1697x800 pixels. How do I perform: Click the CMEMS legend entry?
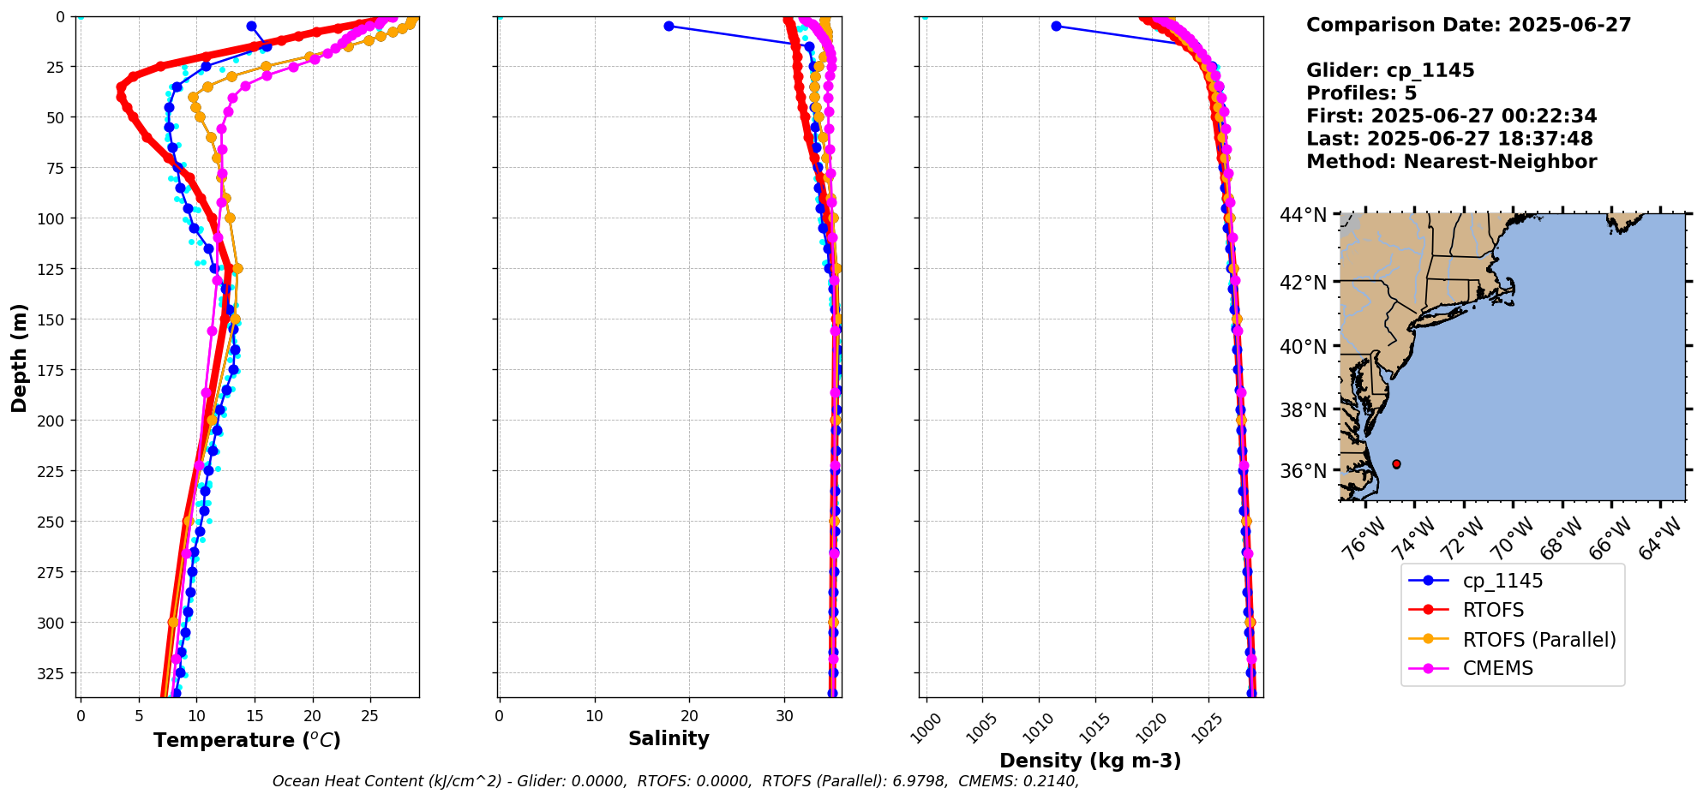[1497, 668]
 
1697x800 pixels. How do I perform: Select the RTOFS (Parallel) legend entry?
[1538, 639]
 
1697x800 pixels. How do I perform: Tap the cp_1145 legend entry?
[1502, 581]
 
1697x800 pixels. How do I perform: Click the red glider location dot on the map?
[1396, 464]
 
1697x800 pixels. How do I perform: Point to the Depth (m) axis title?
[19, 357]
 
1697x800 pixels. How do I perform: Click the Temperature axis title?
[247, 740]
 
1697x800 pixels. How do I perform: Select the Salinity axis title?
[669, 738]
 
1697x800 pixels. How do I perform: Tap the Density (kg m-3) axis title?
[1090, 761]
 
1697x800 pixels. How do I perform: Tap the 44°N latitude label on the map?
[1303, 215]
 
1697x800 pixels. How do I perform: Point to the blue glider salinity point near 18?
[669, 26]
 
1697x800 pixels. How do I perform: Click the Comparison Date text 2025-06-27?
[1569, 25]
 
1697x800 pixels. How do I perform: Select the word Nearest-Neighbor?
[1500, 162]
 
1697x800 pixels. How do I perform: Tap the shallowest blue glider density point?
[1056, 26]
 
